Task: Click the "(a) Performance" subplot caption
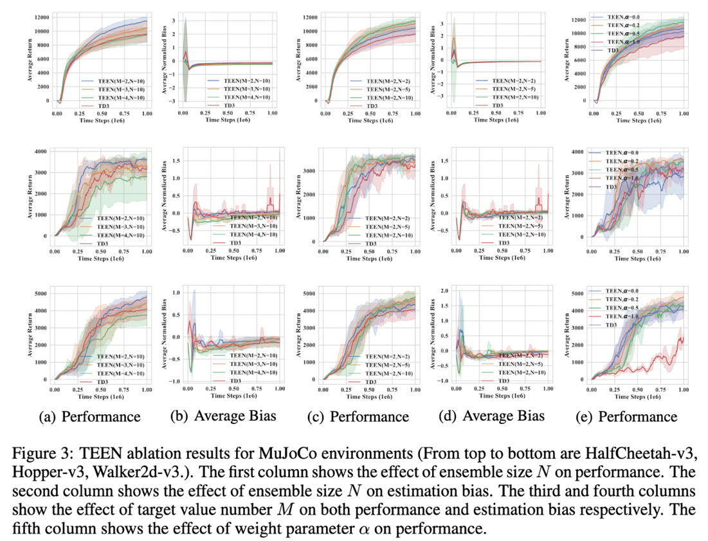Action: click(90, 417)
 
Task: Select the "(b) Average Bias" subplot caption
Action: click(223, 416)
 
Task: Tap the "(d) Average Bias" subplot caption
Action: click(492, 416)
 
